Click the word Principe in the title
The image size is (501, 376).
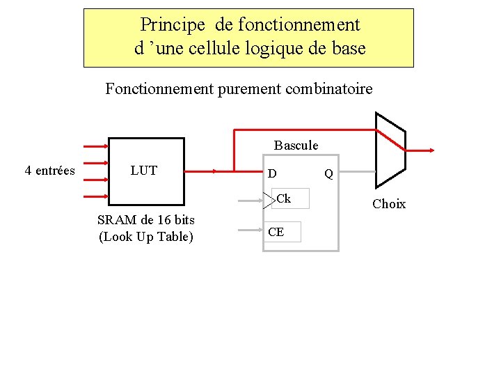coord(173,25)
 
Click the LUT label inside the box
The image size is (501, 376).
coord(144,171)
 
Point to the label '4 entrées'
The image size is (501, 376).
coord(50,171)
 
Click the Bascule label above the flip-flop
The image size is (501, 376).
coord(296,146)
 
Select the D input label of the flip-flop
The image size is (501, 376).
coord(273,173)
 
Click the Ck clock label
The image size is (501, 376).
coord(283,199)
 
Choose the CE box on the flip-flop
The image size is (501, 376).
coord(281,232)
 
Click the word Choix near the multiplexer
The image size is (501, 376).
coord(389,204)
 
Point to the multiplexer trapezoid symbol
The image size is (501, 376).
coord(390,150)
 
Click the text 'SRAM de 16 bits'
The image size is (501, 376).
coord(146,220)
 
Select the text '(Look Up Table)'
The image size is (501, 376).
coord(146,237)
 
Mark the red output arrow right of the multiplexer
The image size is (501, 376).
coord(421,150)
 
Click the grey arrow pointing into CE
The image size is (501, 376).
coord(250,229)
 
